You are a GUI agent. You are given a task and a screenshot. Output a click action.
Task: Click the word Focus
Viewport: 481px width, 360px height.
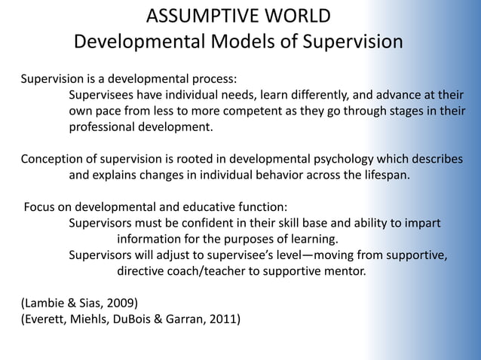41,207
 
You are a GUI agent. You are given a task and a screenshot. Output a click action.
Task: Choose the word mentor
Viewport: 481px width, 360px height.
345,272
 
